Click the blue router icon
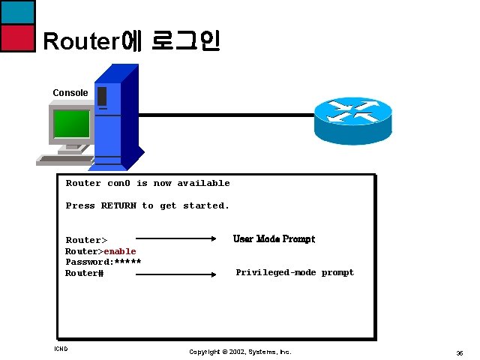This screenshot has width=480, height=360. [352, 121]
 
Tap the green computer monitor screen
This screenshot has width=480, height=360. [72, 121]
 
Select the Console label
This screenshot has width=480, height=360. [70, 93]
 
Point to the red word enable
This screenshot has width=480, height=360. [120, 251]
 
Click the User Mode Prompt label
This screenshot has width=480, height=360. [274, 239]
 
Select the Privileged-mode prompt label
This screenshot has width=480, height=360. [295, 272]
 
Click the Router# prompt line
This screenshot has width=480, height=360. [84, 273]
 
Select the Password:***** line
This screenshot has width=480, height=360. [103, 262]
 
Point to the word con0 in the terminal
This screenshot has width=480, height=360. [118, 183]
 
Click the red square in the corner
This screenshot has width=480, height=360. [17, 37]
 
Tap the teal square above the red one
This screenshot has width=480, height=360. [17, 12]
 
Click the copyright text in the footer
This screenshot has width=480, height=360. [240, 352]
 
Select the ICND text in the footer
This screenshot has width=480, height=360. [61, 349]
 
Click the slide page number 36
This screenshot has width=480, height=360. [458, 352]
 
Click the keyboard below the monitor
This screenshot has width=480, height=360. [65, 159]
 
